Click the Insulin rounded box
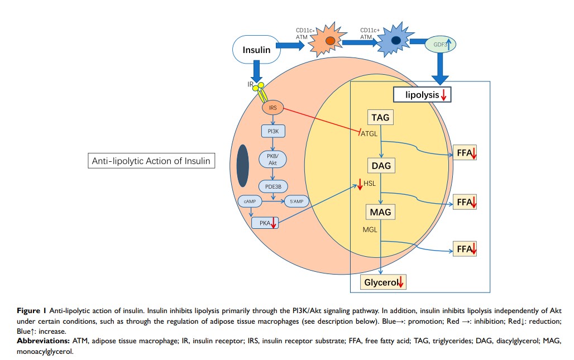coord(256,50)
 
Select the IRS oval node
coord(272,107)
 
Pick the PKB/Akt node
coord(272,159)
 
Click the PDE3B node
coord(272,186)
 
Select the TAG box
coord(380,118)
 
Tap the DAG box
coord(380,165)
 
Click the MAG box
coord(380,212)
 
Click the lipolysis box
coord(422,95)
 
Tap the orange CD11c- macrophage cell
coord(330,41)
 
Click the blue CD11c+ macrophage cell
coord(395,41)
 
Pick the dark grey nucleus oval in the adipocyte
coord(242,166)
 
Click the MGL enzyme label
coord(370,230)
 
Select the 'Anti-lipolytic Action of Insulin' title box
coord(151,161)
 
